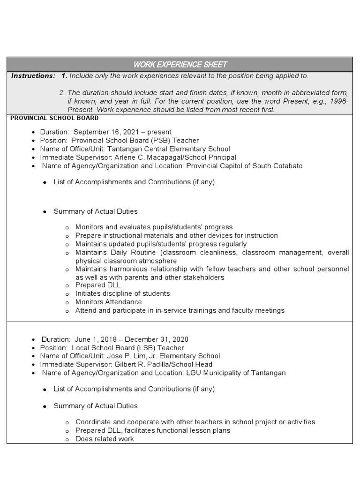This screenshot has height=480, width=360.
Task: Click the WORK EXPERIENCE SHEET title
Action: coord(180,64)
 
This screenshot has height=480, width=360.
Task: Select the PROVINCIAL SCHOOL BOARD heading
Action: coord(54,118)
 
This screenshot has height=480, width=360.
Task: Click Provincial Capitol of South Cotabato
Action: coord(244,166)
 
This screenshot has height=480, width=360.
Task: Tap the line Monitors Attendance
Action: coord(108,302)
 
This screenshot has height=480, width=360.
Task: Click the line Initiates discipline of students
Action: coord(122,293)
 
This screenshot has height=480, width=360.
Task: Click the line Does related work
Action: coord(105,439)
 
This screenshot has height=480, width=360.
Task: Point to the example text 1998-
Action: coord(339,101)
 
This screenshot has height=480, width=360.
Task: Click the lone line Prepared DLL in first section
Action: coord(98,285)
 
